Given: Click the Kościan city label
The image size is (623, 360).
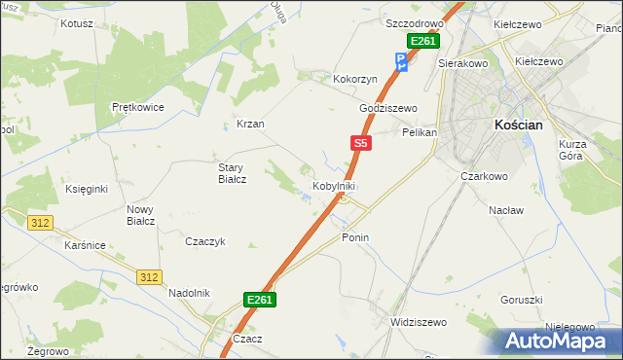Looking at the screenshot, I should pos(525,126).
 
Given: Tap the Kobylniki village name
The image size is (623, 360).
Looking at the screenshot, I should pos(333,185).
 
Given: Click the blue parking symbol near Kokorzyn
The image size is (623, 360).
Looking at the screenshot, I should pos(401,62).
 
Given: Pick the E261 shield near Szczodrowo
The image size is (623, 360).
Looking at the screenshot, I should pos(422,41).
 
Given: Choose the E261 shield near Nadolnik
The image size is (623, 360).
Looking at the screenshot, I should pos(259,300).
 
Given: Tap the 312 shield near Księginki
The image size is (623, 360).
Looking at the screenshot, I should pos(40,223).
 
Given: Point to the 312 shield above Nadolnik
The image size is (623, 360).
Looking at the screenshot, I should pos(148,277).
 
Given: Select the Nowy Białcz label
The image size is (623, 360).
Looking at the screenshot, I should pos(141,214).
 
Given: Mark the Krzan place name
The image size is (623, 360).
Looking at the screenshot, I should pos(250,125).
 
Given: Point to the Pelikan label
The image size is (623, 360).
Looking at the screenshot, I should pos(420,131).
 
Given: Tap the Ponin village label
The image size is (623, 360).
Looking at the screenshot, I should pos(355,237).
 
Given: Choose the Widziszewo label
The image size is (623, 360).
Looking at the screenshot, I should pos(417,322).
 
